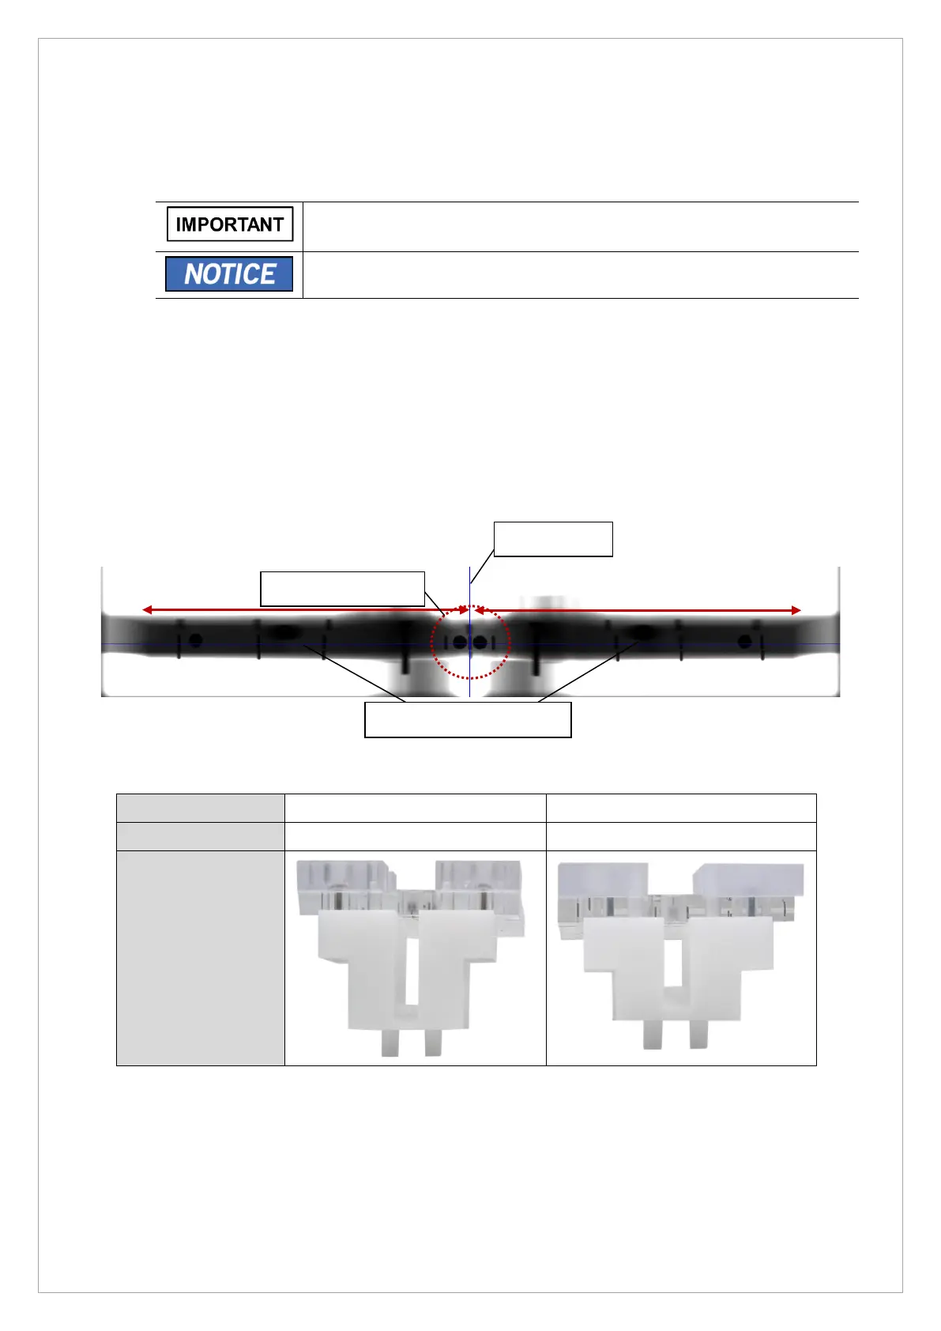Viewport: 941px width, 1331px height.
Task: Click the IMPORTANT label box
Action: click(230, 224)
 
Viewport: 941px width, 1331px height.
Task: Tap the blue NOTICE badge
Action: click(229, 274)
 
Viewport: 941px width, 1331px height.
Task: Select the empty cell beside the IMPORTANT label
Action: click(581, 227)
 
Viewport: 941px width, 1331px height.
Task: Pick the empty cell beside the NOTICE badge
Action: click(581, 275)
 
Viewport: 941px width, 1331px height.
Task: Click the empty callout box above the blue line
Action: click(553, 540)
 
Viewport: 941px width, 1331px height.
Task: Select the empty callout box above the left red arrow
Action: click(342, 589)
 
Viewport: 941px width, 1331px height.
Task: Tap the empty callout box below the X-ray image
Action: click(468, 720)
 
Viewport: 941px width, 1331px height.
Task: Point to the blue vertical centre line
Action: click(470, 632)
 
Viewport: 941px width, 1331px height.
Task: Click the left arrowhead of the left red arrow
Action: click(147, 609)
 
